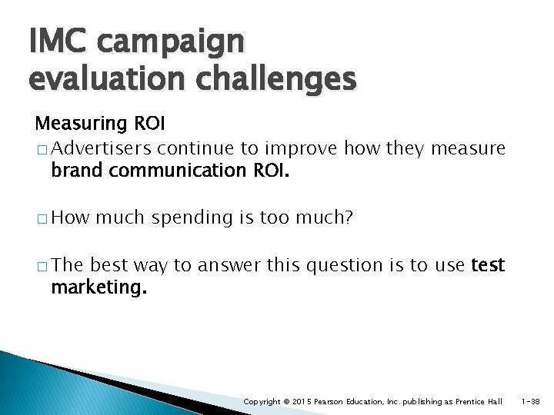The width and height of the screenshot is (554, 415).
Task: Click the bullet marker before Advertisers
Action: [41, 148]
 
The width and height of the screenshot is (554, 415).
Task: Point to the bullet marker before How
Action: [41, 218]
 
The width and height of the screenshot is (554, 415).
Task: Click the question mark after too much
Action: [349, 217]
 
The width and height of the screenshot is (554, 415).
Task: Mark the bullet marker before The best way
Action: [41, 266]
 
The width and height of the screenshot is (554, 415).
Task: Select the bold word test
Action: [487, 265]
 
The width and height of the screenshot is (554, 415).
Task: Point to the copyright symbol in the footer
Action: [285, 402]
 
